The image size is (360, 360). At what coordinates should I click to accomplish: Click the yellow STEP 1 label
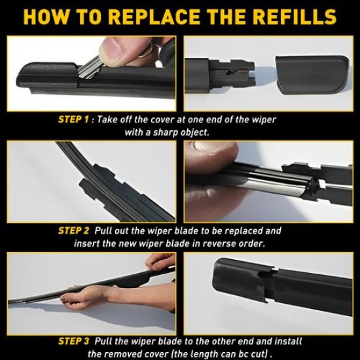point(75,120)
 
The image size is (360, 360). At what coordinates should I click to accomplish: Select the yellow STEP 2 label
point(73,231)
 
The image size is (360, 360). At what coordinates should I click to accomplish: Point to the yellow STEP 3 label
point(73,341)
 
